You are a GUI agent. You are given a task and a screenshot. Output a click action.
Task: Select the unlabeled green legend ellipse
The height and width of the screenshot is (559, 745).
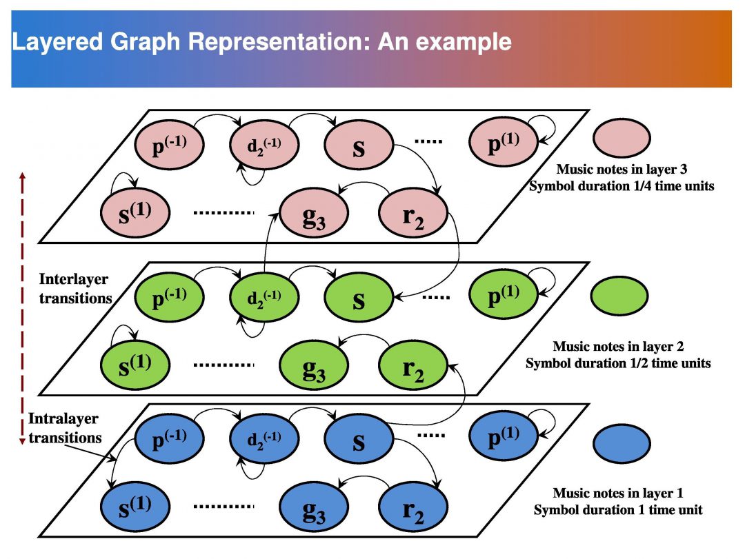click(619, 295)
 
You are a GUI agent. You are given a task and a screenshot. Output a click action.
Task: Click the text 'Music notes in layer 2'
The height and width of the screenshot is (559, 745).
click(617, 347)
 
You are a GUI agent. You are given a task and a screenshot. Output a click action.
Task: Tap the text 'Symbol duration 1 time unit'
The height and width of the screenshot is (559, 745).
click(618, 510)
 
